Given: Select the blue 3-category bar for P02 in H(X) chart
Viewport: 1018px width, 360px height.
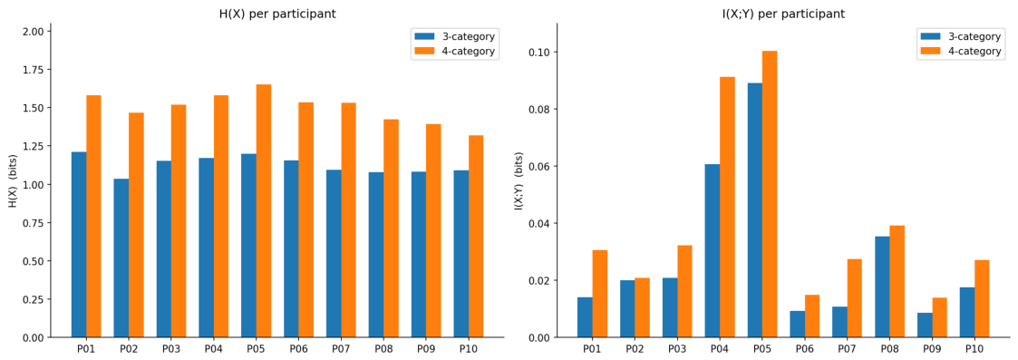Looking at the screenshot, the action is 121,258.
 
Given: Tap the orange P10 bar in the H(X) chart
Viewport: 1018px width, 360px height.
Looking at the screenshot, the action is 476,236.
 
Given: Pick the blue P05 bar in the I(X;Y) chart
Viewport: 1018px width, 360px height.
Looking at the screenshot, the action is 754,209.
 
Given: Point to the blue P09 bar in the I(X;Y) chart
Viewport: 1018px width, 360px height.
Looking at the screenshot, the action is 925,325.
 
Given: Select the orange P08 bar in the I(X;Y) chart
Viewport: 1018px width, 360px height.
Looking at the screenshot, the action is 897,281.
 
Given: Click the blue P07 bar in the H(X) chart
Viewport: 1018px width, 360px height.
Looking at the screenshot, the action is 334,253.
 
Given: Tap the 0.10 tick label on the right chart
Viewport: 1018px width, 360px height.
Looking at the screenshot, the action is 538,52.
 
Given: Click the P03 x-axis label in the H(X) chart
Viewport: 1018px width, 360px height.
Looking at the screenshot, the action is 170,349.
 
